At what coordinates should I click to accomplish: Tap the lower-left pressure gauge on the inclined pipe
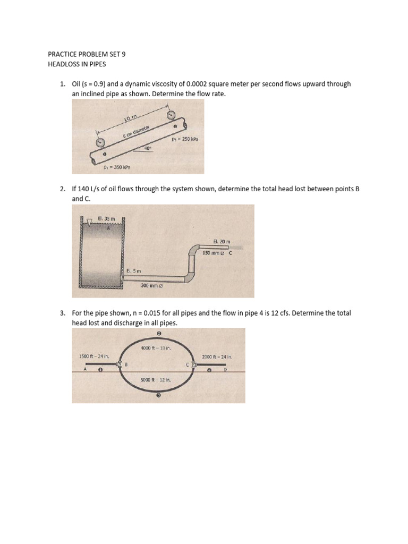pos(99,142)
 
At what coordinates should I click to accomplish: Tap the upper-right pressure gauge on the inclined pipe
pos(171,115)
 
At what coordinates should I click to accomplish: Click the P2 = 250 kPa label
pos(185,140)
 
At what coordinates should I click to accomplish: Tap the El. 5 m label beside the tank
pos(133,270)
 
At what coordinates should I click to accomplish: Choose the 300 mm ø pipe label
pos(151,286)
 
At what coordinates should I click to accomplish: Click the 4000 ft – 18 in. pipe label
pos(156,348)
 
